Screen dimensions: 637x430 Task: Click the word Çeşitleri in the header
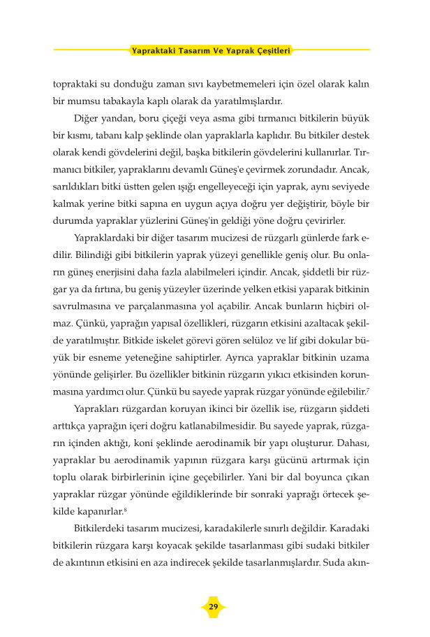pos(269,50)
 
